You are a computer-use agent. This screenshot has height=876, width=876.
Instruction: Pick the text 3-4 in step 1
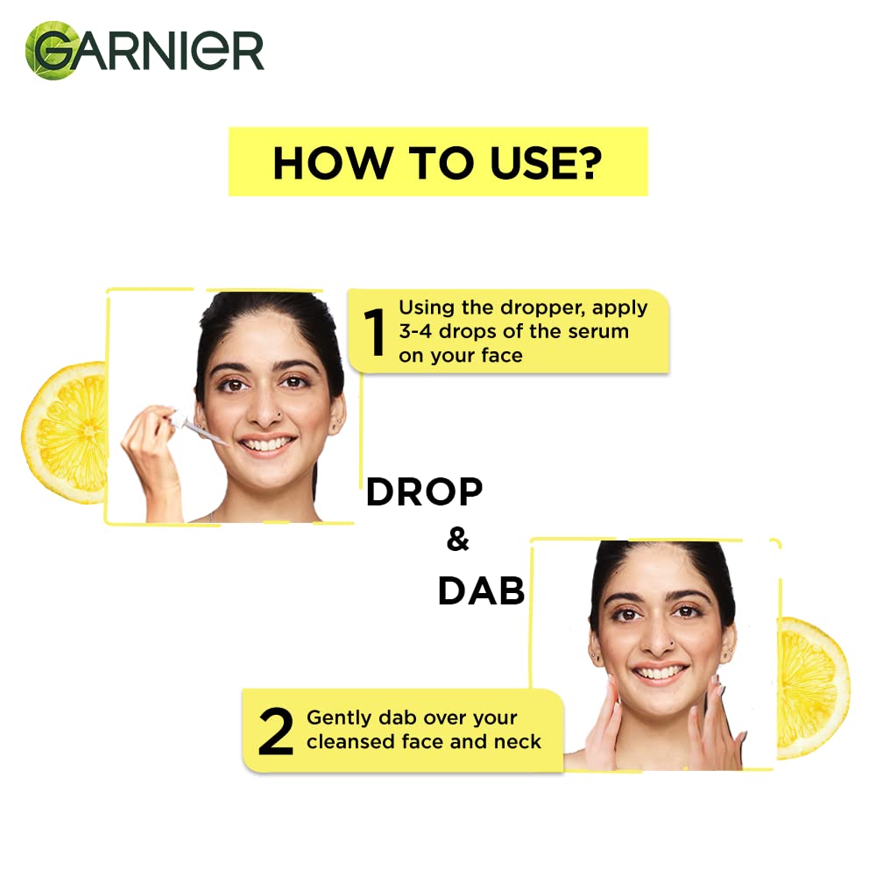point(418,332)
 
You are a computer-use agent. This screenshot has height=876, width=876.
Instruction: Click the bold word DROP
point(424,493)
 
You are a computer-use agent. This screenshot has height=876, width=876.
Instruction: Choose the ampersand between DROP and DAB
point(457,540)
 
